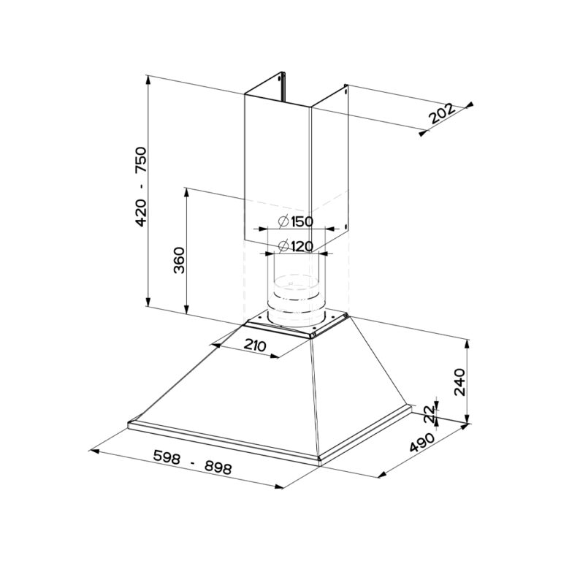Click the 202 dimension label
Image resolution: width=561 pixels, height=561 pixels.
point(442,114)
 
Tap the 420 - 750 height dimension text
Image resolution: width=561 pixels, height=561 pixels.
point(140,186)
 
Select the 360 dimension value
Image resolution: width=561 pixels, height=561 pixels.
point(179,261)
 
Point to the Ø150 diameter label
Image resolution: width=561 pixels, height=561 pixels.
point(296,222)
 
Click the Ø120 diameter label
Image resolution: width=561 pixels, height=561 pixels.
point(296,246)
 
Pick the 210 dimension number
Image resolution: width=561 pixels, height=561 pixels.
point(255,346)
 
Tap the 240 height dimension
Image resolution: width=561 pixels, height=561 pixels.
point(459,382)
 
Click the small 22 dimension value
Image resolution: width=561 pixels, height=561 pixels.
point(430,414)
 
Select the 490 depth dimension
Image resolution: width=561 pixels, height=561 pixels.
point(421,443)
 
